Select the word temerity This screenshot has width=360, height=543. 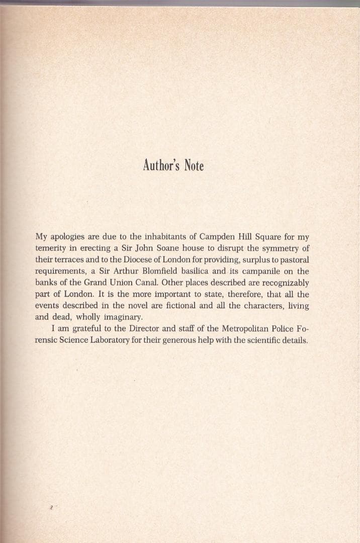tap(52, 248)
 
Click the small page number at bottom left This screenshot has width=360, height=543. tap(51, 509)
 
